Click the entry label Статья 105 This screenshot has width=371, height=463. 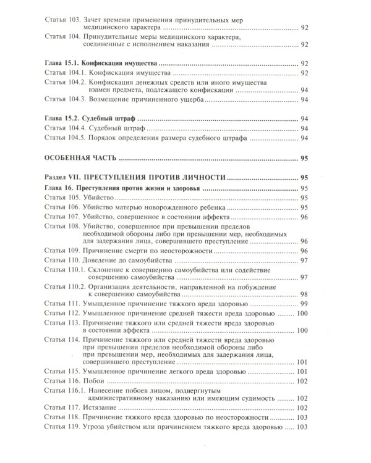point(64,198)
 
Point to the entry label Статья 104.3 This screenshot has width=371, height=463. point(68,100)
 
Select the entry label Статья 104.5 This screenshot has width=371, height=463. point(68,139)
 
